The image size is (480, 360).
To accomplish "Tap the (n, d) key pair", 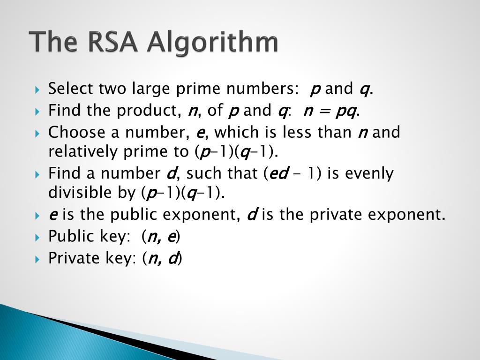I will tap(162, 259).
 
